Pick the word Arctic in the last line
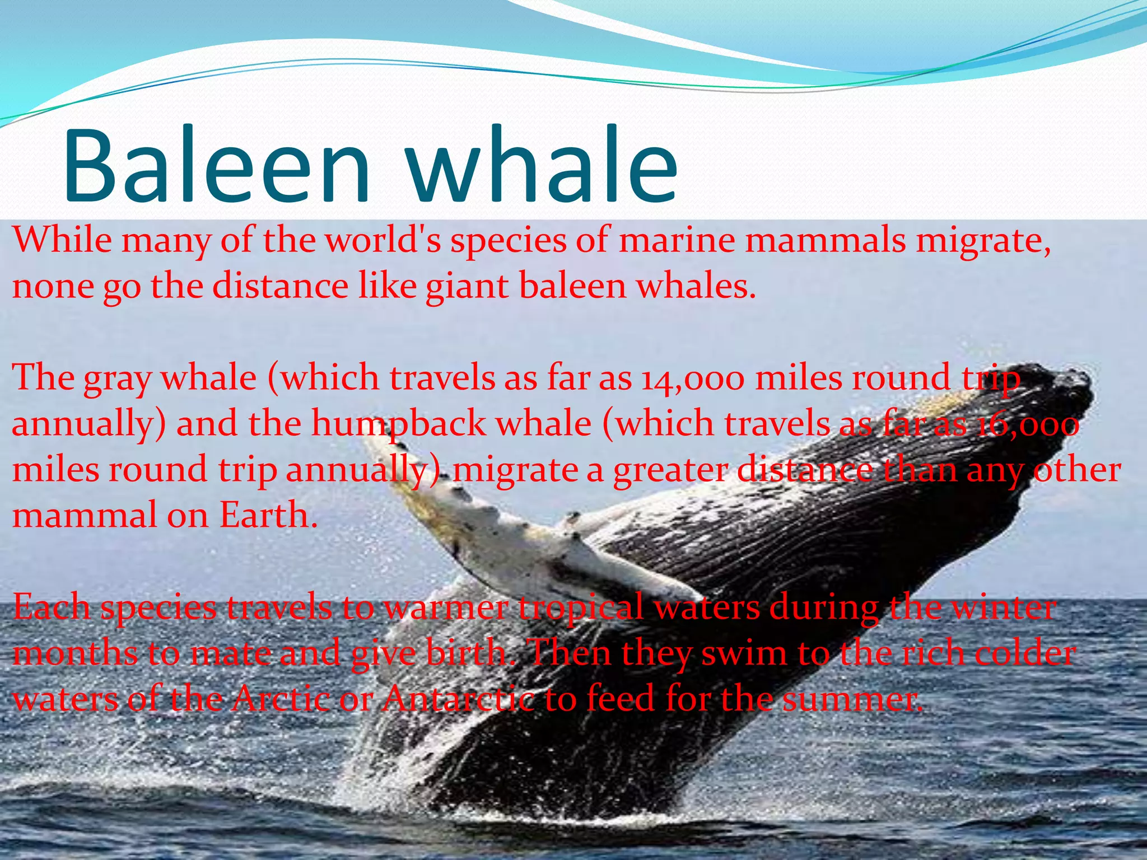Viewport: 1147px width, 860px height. click(281, 699)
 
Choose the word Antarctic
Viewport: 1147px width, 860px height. click(458, 699)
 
